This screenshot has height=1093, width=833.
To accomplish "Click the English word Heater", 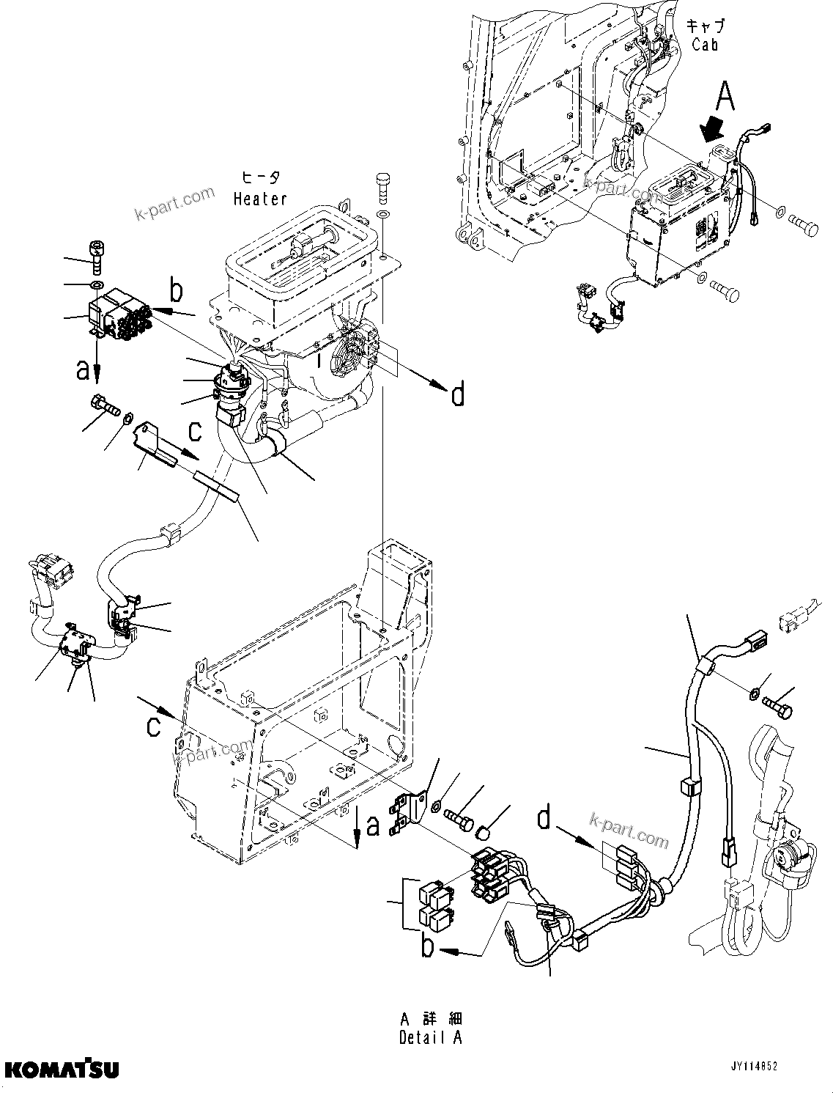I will (x=260, y=199).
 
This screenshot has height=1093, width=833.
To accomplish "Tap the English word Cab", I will (x=705, y=45).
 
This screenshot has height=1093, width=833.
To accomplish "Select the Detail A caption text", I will (x=432, y=1038).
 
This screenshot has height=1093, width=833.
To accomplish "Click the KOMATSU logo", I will (x=60, y=1070).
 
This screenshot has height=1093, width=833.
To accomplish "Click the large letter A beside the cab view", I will (x=724, y=96).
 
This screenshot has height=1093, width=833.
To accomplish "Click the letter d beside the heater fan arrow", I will (x=456, y=396).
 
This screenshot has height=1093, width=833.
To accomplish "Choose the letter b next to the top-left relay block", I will (x=176, y=291).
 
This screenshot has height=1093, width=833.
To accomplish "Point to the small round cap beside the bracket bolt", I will (x=483, y=831).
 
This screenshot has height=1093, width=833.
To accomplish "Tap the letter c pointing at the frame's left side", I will (x=152, y=726).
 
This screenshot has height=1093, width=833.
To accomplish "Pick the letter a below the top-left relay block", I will (x=83, y=370).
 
